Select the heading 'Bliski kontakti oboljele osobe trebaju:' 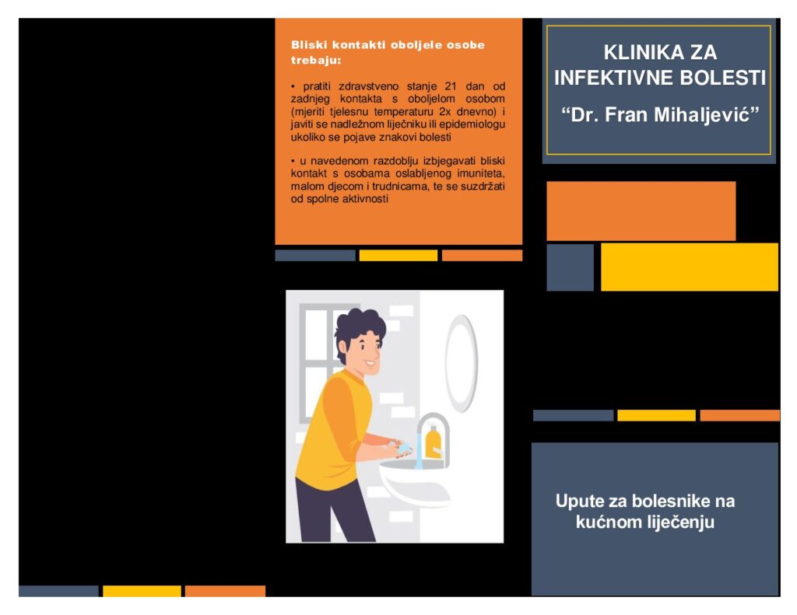(388, 52)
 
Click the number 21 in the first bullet (451, 86)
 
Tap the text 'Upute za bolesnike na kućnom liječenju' (645, 512)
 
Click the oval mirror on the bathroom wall (461, 362)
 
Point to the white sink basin (414, 483)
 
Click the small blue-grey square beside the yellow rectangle (570, 267)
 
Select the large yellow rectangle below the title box (690, 267)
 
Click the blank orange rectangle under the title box (641, 211)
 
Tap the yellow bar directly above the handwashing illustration (398, 256)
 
